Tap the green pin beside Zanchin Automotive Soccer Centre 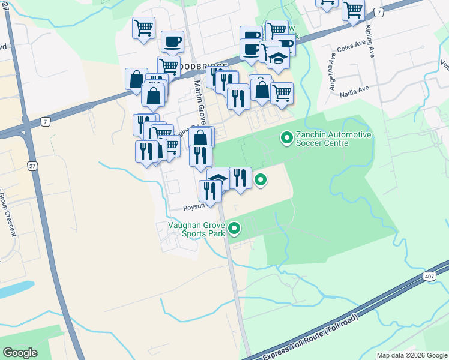(287, 139)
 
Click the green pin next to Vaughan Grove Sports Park (235, 229)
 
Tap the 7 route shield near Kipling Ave (378, 13)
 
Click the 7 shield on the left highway (46, 122)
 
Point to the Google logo (20, 352)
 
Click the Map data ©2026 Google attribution (412, 355)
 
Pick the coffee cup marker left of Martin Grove (172, 41)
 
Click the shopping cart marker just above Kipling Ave (354, 10)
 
